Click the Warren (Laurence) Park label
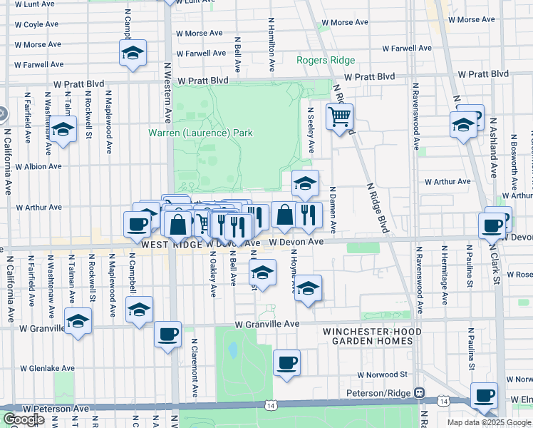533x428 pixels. (200, 133)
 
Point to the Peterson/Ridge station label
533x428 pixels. (385, 393)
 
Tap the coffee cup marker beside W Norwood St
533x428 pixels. (286, 363)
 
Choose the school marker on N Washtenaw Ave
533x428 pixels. (63, 130)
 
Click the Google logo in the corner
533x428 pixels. (23, 419)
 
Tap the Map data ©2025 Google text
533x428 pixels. (489, 422)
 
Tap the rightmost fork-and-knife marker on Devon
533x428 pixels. (309, 215)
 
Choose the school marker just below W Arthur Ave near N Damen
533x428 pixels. (305, 183)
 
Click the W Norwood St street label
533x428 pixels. (382, 374)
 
